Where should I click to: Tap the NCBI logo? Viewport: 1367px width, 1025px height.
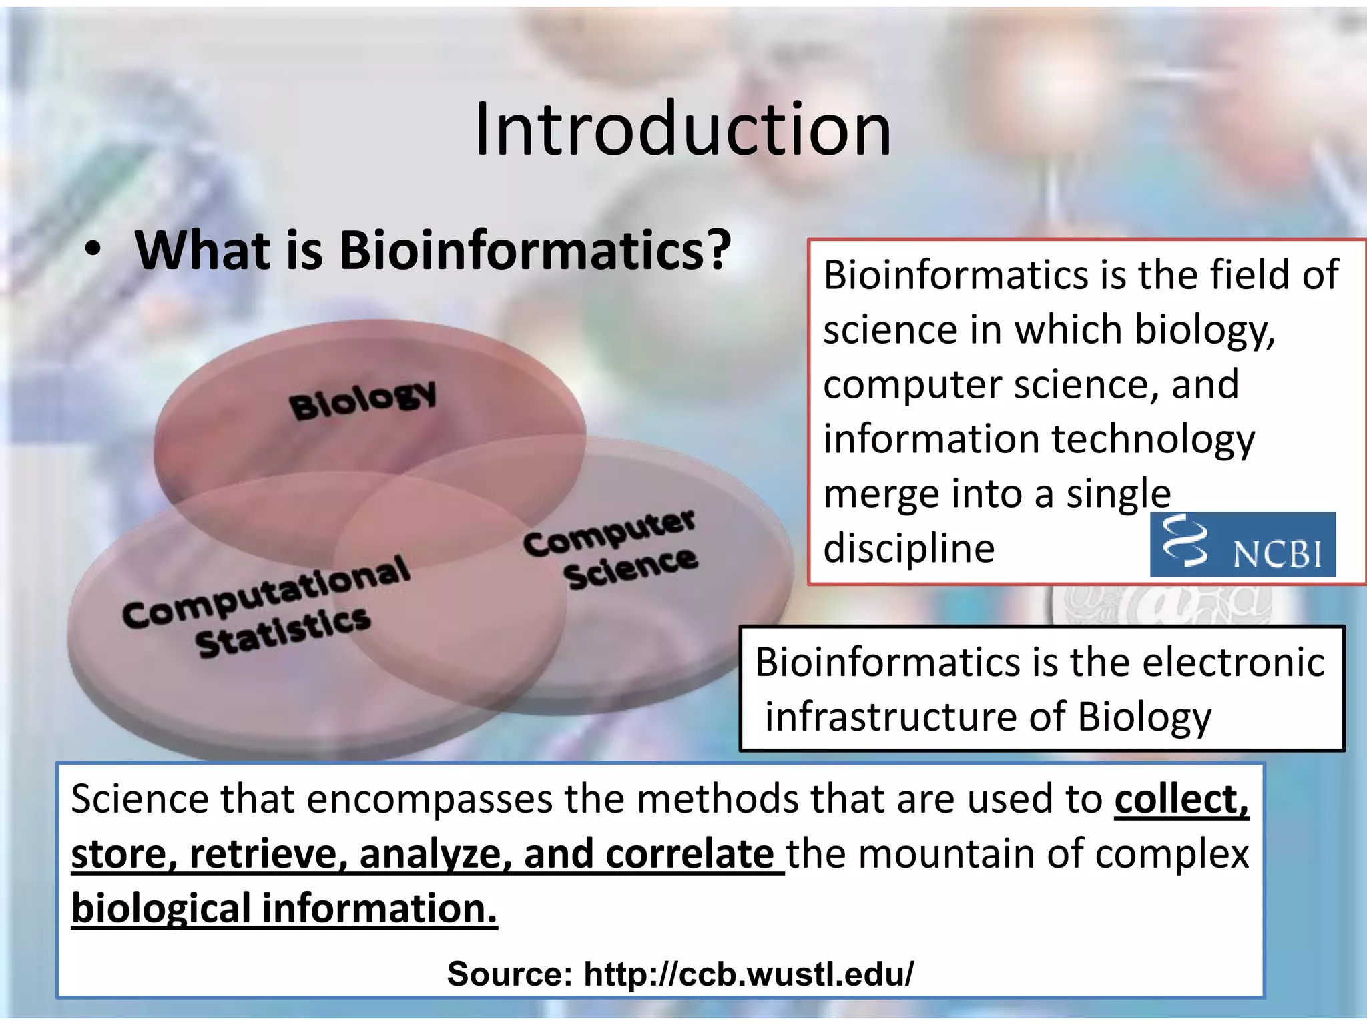coord(1242,545)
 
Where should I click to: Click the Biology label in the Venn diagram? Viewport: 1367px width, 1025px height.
coord(363,400)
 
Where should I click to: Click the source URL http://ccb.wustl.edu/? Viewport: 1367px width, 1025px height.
coord(748,974)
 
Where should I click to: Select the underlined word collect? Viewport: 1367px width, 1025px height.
coord(1180,799)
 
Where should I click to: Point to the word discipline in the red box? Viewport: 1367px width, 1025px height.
coord(908,549)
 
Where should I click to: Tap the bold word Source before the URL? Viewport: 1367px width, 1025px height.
coord(509,974)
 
